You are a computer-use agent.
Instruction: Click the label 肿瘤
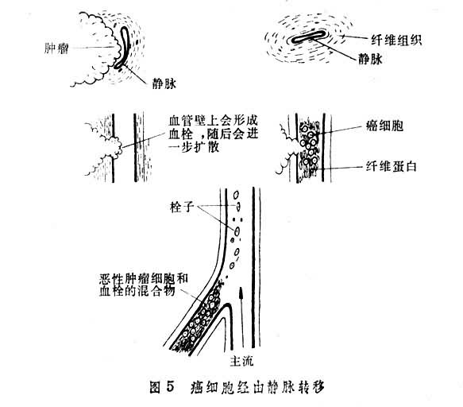(56, 48)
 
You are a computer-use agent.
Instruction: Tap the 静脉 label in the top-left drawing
(164, 83)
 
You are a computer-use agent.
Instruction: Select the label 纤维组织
(396, 40)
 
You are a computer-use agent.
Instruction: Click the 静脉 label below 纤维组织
(370, 59)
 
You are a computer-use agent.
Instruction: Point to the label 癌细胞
(384, 126)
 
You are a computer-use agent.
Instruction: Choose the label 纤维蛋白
(392, 166)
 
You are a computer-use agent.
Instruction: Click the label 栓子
(182, 207)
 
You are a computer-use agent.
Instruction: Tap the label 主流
(241, 361)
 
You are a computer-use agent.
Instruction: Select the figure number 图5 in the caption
(162, 387)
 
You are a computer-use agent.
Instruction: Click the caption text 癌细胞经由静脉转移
(257, 387)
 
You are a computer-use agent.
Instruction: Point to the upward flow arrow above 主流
(241, 316)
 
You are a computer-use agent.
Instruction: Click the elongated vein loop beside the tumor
(123, 47)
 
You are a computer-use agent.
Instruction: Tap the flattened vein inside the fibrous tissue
(308, 37)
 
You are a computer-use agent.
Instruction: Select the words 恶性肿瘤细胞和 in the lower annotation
(144, 279)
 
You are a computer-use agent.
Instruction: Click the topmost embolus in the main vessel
(236, 195)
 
